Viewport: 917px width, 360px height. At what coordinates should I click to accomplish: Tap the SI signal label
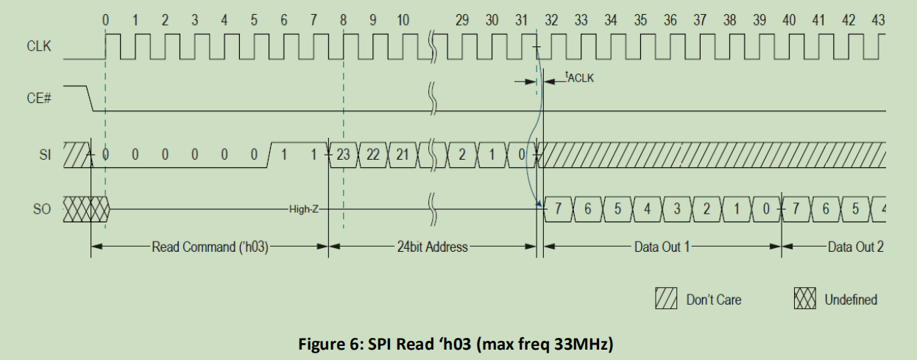44,155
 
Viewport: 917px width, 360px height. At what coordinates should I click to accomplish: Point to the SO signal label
42,209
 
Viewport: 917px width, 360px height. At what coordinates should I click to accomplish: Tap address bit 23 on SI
343,155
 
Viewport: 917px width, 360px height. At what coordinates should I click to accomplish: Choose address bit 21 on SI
403,155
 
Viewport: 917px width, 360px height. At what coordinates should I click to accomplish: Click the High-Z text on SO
304,210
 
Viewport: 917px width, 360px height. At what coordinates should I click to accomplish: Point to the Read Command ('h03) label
210,247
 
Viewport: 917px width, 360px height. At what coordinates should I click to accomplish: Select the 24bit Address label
432,247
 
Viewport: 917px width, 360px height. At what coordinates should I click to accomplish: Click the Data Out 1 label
662,247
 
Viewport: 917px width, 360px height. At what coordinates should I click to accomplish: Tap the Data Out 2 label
855,247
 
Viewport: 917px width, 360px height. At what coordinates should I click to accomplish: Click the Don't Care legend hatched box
666,300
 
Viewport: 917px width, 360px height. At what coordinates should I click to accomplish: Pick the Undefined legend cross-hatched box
805,300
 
